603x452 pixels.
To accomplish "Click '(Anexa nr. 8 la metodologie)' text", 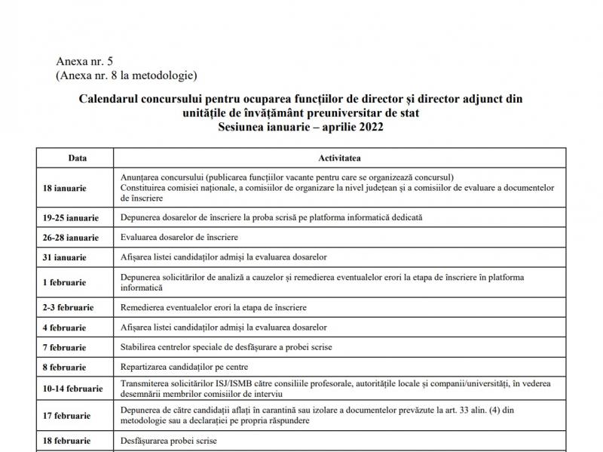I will point(126,75).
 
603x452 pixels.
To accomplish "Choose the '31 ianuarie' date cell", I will point(65,257).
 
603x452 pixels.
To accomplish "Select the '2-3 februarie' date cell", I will point(69,308).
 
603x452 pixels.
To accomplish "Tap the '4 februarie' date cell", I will point(66,327).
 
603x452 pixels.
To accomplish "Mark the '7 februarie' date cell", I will point(66,347).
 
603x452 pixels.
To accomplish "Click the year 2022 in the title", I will point(370,128).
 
